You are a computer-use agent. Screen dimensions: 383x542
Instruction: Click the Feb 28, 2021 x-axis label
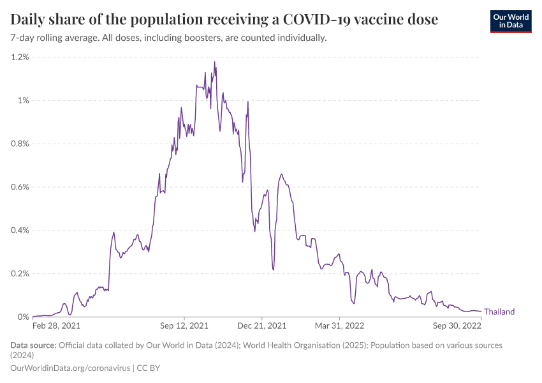click(x=57, y=326)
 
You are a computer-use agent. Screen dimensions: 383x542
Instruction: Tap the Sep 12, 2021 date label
click(x=185, y=326)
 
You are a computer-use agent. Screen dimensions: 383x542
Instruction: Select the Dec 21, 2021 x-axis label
click(x=262, y=326)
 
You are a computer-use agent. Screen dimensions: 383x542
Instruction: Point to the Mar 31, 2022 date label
click(x=340, y=326)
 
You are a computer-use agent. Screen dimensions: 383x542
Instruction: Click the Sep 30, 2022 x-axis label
click(x=457, y=326)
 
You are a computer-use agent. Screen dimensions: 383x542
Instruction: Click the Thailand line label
click(x=499, y=312)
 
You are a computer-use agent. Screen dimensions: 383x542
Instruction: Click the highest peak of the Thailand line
click(x=214, y=62)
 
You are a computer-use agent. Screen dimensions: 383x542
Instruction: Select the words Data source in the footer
click(x=33, y=345)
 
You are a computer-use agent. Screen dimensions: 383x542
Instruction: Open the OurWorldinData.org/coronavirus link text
click(x=70, y=368)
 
